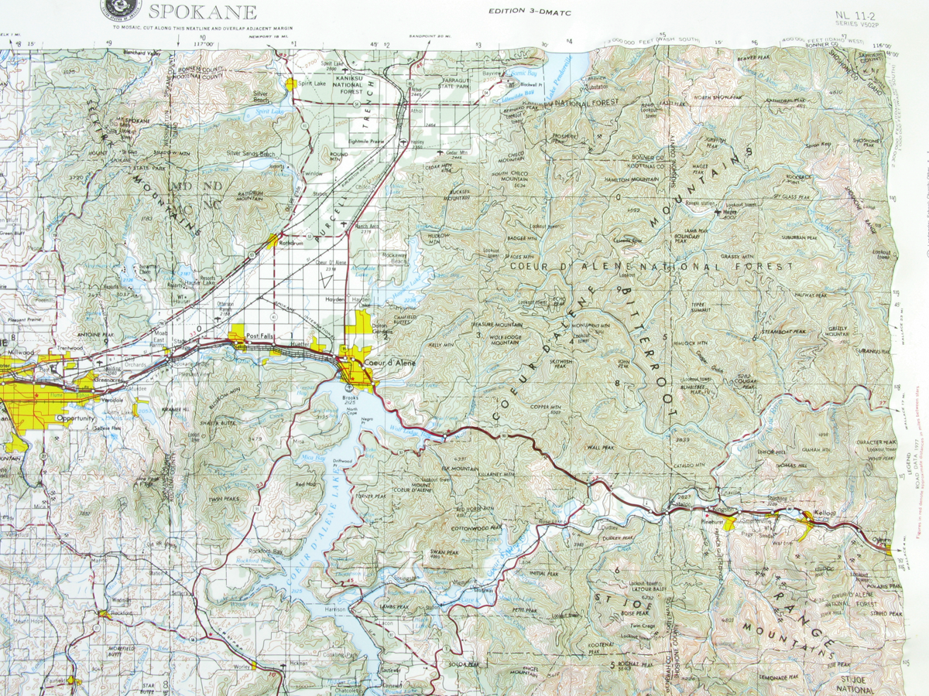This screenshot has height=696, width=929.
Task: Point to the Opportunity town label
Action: [x=76, y=418]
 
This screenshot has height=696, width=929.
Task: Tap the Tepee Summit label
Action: [x=703, y=306]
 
